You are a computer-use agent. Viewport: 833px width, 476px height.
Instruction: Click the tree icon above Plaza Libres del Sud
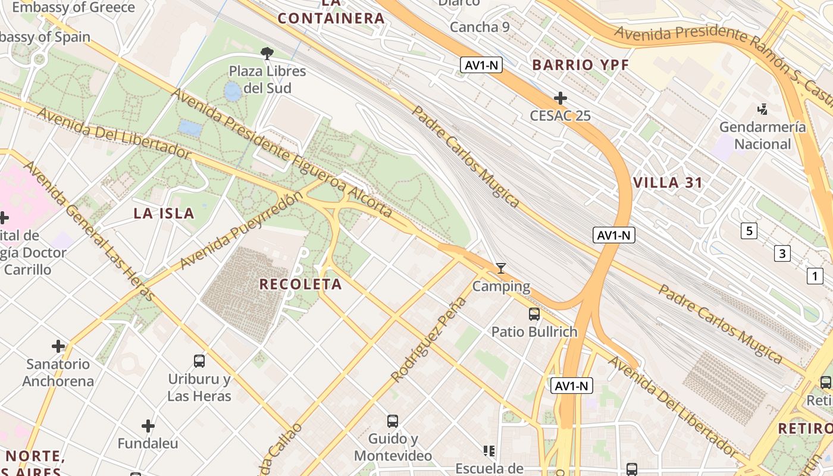(267, 54)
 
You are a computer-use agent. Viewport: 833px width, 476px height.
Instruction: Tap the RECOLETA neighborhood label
(300, 284)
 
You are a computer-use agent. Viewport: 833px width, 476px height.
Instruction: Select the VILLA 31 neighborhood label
(668, 183)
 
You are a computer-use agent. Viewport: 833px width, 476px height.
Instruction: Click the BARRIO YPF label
(580, 65)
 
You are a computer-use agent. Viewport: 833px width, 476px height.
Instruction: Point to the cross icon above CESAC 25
(560, 98)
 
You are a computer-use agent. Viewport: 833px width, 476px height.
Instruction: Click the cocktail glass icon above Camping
(501, 269)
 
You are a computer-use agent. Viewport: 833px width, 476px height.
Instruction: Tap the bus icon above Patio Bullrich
(534, 314)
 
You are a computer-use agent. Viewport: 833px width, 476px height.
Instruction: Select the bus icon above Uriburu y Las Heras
(199, 361)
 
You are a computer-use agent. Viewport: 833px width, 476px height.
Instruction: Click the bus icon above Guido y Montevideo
(393, 421)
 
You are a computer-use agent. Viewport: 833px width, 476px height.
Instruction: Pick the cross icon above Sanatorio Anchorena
(58, 346)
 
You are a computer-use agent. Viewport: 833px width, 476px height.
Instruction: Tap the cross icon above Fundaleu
(148, 426)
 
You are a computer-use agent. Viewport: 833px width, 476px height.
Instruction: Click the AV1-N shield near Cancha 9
(481, 65)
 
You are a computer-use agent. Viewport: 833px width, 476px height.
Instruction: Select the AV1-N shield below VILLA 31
(614, 235)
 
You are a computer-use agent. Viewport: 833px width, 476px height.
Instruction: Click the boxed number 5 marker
(749, 231)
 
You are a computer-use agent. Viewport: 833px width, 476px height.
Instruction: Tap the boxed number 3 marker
(782, 253)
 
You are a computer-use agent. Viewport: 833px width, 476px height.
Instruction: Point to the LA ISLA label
(164, 214)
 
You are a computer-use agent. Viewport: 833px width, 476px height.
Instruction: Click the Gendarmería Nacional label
(763, 136)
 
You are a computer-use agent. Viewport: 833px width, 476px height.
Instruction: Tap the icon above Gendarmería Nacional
(762, 109)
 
